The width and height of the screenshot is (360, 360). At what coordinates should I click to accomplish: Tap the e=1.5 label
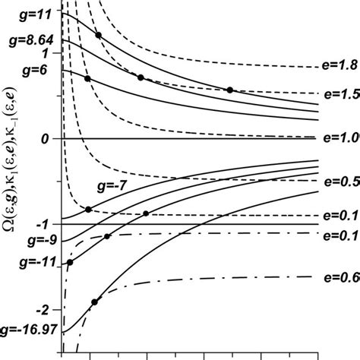(x=340, y=96)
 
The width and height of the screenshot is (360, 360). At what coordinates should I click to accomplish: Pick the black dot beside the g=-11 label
(x=71, y=263)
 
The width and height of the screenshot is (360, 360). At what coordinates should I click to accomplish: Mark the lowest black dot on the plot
(x=94, y=302)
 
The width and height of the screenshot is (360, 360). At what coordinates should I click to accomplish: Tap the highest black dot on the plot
(x=98, y=36)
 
